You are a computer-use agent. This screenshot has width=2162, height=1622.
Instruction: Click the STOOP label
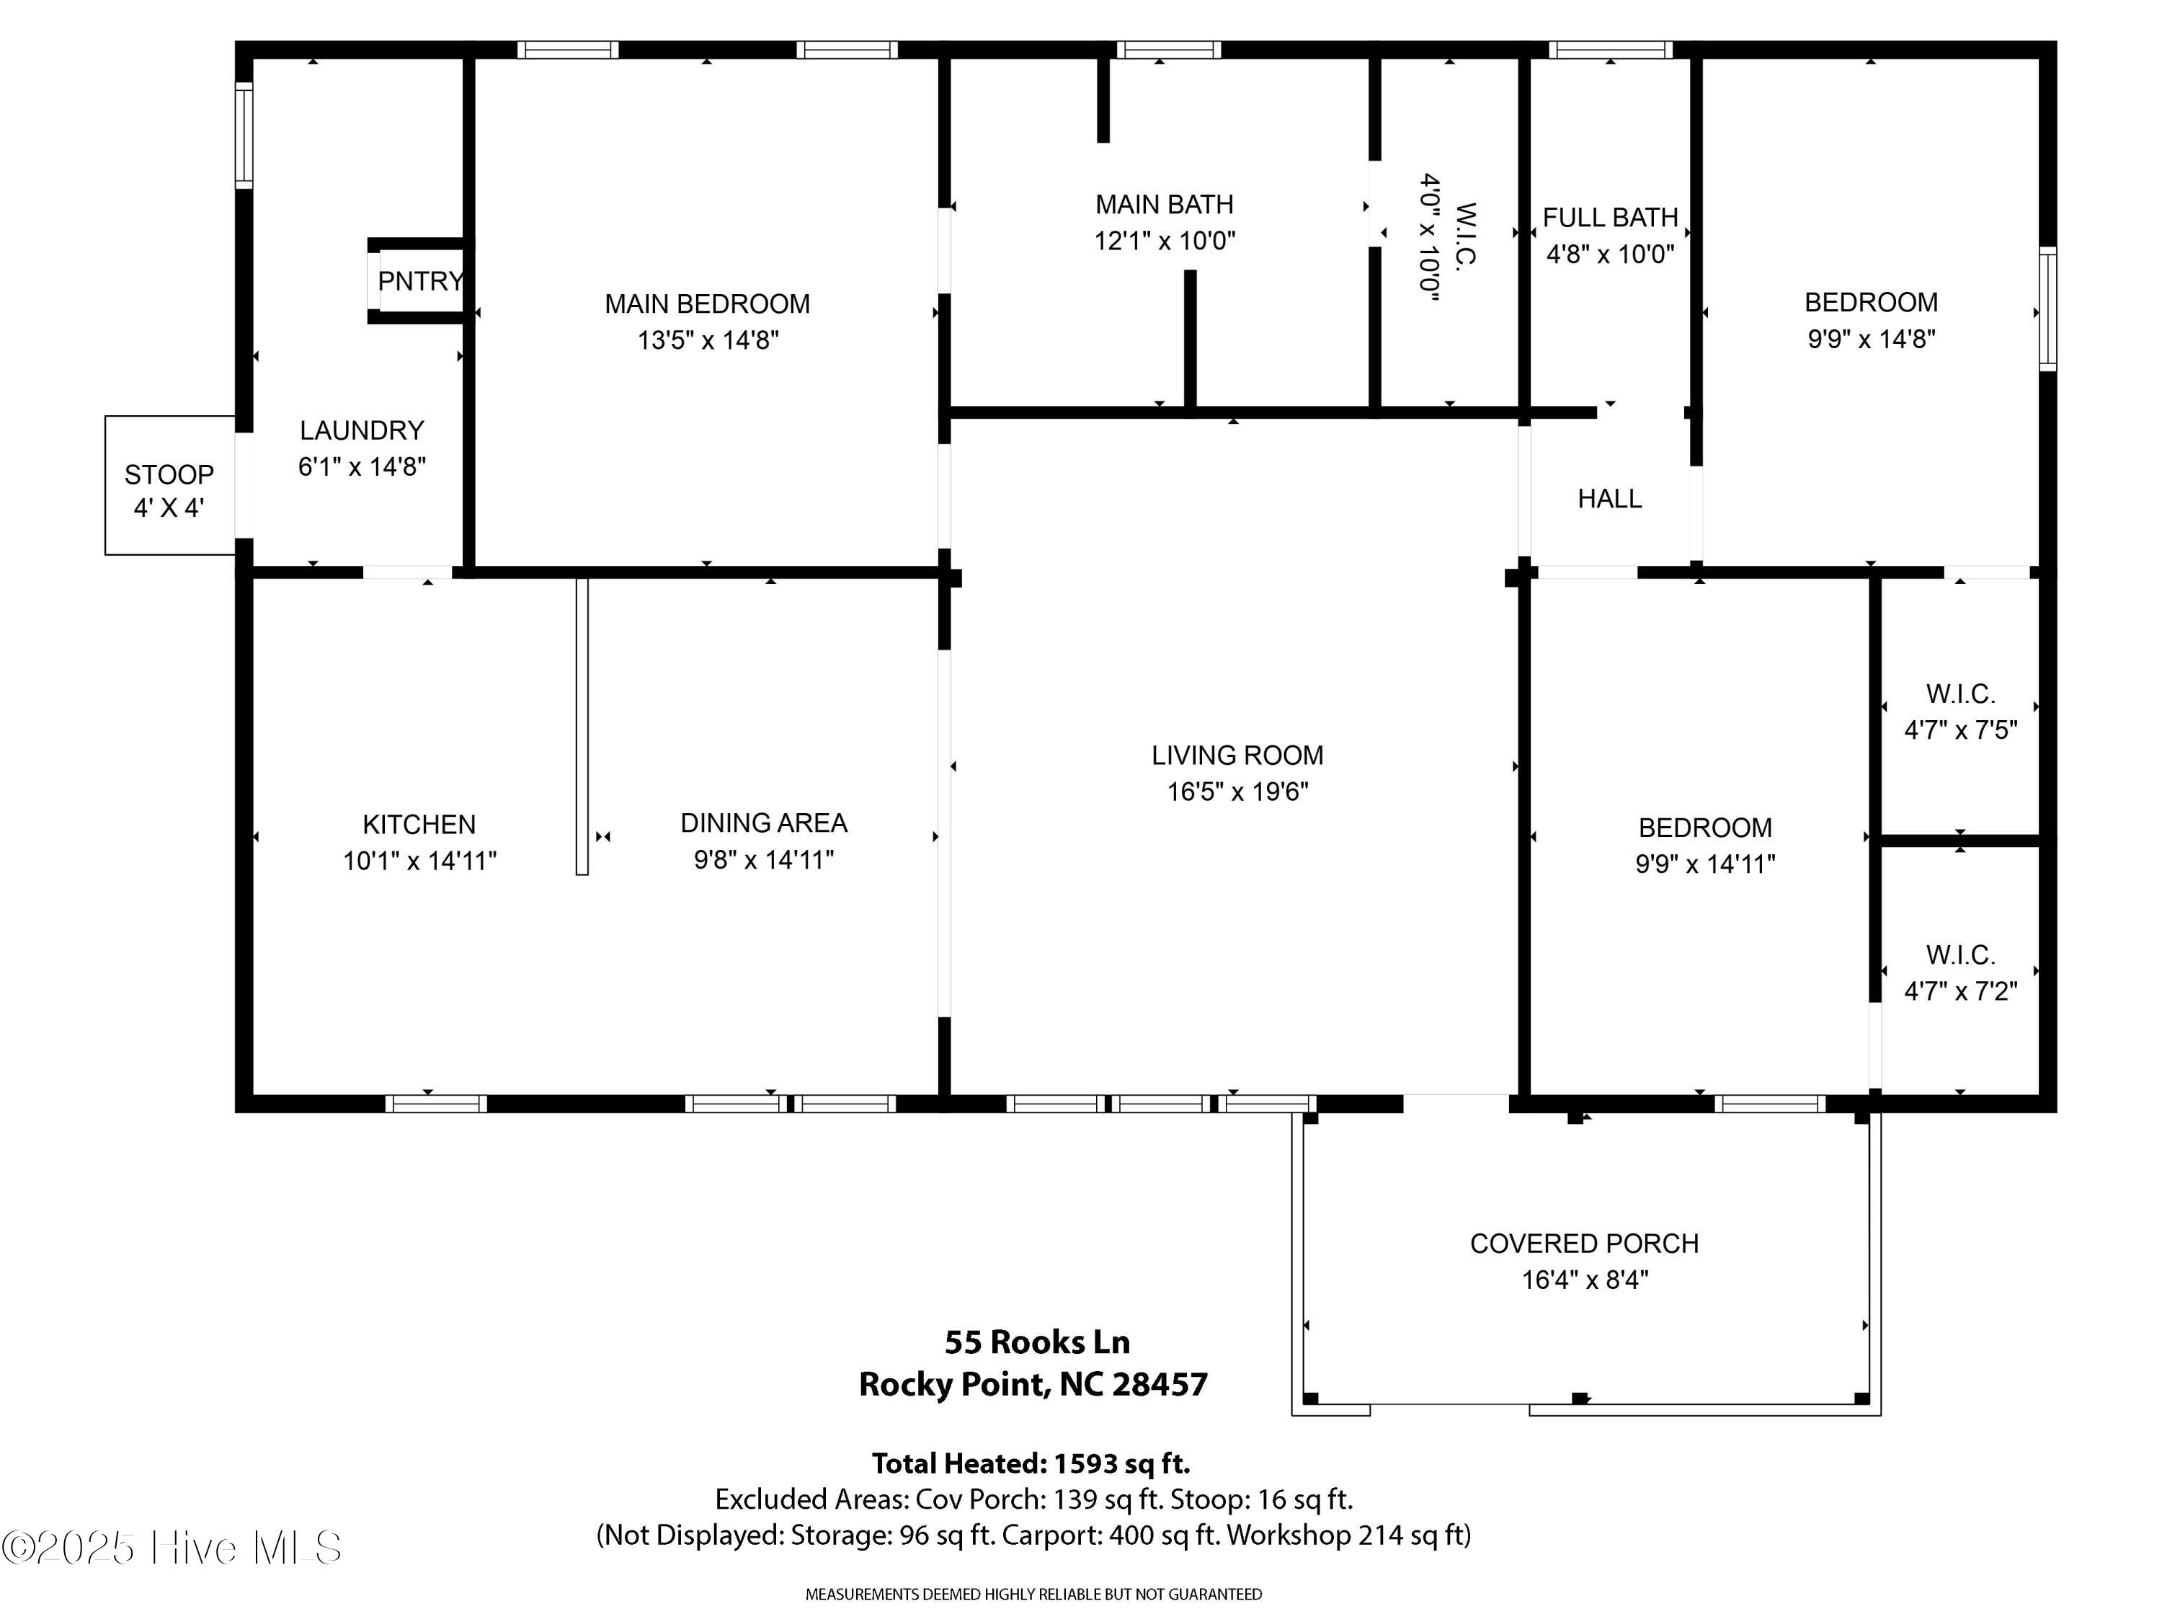(169, 475)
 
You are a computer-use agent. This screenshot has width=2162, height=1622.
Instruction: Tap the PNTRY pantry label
(420, 282)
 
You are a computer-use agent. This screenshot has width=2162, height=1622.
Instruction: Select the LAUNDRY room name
(362, 430)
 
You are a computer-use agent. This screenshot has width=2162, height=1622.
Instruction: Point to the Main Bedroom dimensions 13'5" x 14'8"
(708, 340)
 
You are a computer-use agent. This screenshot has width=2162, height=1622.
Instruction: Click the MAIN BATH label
(1164, 204)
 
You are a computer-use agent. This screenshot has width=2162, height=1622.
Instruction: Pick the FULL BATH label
(1610, 217)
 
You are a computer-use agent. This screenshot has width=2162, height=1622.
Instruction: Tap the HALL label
(1610, 499)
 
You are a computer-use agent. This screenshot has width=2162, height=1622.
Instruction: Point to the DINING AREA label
(765, 823)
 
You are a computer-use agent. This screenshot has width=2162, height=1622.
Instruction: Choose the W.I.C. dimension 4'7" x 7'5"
(1961, 730)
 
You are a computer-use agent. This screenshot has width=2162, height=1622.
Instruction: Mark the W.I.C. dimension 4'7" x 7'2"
(1961, 991)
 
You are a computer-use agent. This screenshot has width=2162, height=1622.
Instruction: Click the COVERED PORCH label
(1584, 1244)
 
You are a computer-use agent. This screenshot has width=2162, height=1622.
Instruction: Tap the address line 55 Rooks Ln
(1037, 1342)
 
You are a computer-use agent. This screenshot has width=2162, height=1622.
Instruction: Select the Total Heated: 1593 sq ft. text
(1031, 1463)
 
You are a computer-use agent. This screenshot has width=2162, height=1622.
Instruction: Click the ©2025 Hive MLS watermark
(172, 1548)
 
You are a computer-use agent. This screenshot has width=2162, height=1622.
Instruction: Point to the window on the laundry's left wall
(244, 135)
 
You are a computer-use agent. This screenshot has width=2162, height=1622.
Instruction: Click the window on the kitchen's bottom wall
(436, 1104)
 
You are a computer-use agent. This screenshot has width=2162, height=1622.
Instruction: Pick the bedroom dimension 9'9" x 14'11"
(1706, 864)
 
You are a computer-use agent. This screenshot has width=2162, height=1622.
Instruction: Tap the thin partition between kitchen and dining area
(582, 727)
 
